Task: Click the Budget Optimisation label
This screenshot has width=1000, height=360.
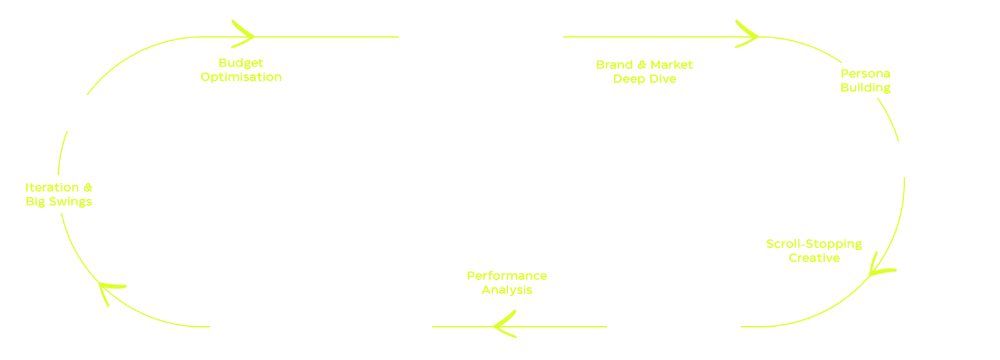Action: tap(241, 70)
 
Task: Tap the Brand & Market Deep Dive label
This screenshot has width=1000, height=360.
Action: tap(645, 71)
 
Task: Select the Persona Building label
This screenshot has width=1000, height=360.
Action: tap(865, 81)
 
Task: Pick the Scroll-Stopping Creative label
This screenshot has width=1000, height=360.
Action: tap(814, 250)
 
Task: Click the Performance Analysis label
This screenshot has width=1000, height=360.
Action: tap(507, 282)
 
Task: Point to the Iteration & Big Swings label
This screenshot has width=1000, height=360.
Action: tap(59, 194)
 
